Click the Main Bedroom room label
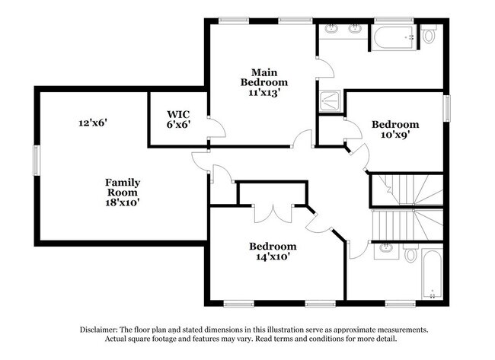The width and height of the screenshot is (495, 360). tap(264, 76)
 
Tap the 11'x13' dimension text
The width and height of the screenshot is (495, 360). tap(264, 93)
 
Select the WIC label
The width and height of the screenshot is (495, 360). tap(178, 115)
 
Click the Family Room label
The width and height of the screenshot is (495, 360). tap(123, 187)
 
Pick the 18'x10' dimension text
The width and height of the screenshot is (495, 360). tap(123, 202)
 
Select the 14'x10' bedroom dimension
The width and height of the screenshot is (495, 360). tap(273, 256)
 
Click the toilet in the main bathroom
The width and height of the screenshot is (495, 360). tap(429, 33)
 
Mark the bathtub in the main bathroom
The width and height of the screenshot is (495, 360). tap(393, 35)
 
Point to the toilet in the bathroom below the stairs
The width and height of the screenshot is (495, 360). tap(411, 253)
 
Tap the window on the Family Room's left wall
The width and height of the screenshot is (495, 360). tap(35, 161)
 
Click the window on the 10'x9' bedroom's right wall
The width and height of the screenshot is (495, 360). tap(448, 108)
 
